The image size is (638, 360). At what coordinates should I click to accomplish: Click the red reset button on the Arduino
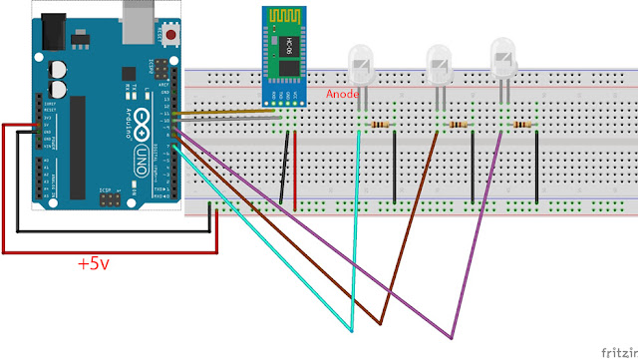[172, 36]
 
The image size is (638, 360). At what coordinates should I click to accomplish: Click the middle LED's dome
[439, 64]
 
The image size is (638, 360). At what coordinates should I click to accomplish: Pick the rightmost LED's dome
[504, 59]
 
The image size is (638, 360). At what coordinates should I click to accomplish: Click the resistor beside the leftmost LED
[380, 125]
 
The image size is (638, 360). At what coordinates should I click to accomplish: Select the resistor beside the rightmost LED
[521, 125]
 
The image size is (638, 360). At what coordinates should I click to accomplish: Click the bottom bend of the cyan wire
[351, 329]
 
